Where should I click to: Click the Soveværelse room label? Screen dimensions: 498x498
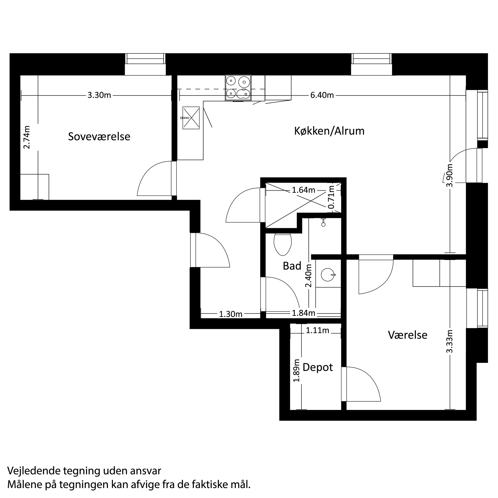point(99,137)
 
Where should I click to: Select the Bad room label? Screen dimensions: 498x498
point(292,266)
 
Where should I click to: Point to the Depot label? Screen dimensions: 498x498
point(318,367)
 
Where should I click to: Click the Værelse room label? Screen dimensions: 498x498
point(407,335)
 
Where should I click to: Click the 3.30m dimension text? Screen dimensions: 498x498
point(99,95)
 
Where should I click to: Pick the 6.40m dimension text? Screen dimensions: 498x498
point(322,95)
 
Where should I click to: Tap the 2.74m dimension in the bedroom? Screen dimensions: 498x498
point(27,137)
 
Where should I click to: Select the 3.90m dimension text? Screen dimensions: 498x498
point(450,175)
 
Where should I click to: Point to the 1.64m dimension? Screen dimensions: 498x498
point(303,190)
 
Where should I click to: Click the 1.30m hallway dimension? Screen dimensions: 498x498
point(230,314)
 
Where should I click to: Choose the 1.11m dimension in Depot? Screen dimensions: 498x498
point(317,330)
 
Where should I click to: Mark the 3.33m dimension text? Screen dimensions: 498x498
point(450,341)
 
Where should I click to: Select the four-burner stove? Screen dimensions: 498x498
point(238,88)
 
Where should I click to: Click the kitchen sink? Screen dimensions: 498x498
point(191,118)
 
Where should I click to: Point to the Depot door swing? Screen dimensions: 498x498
point(364,384)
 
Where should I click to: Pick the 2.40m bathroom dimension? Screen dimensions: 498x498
point(309,275)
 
